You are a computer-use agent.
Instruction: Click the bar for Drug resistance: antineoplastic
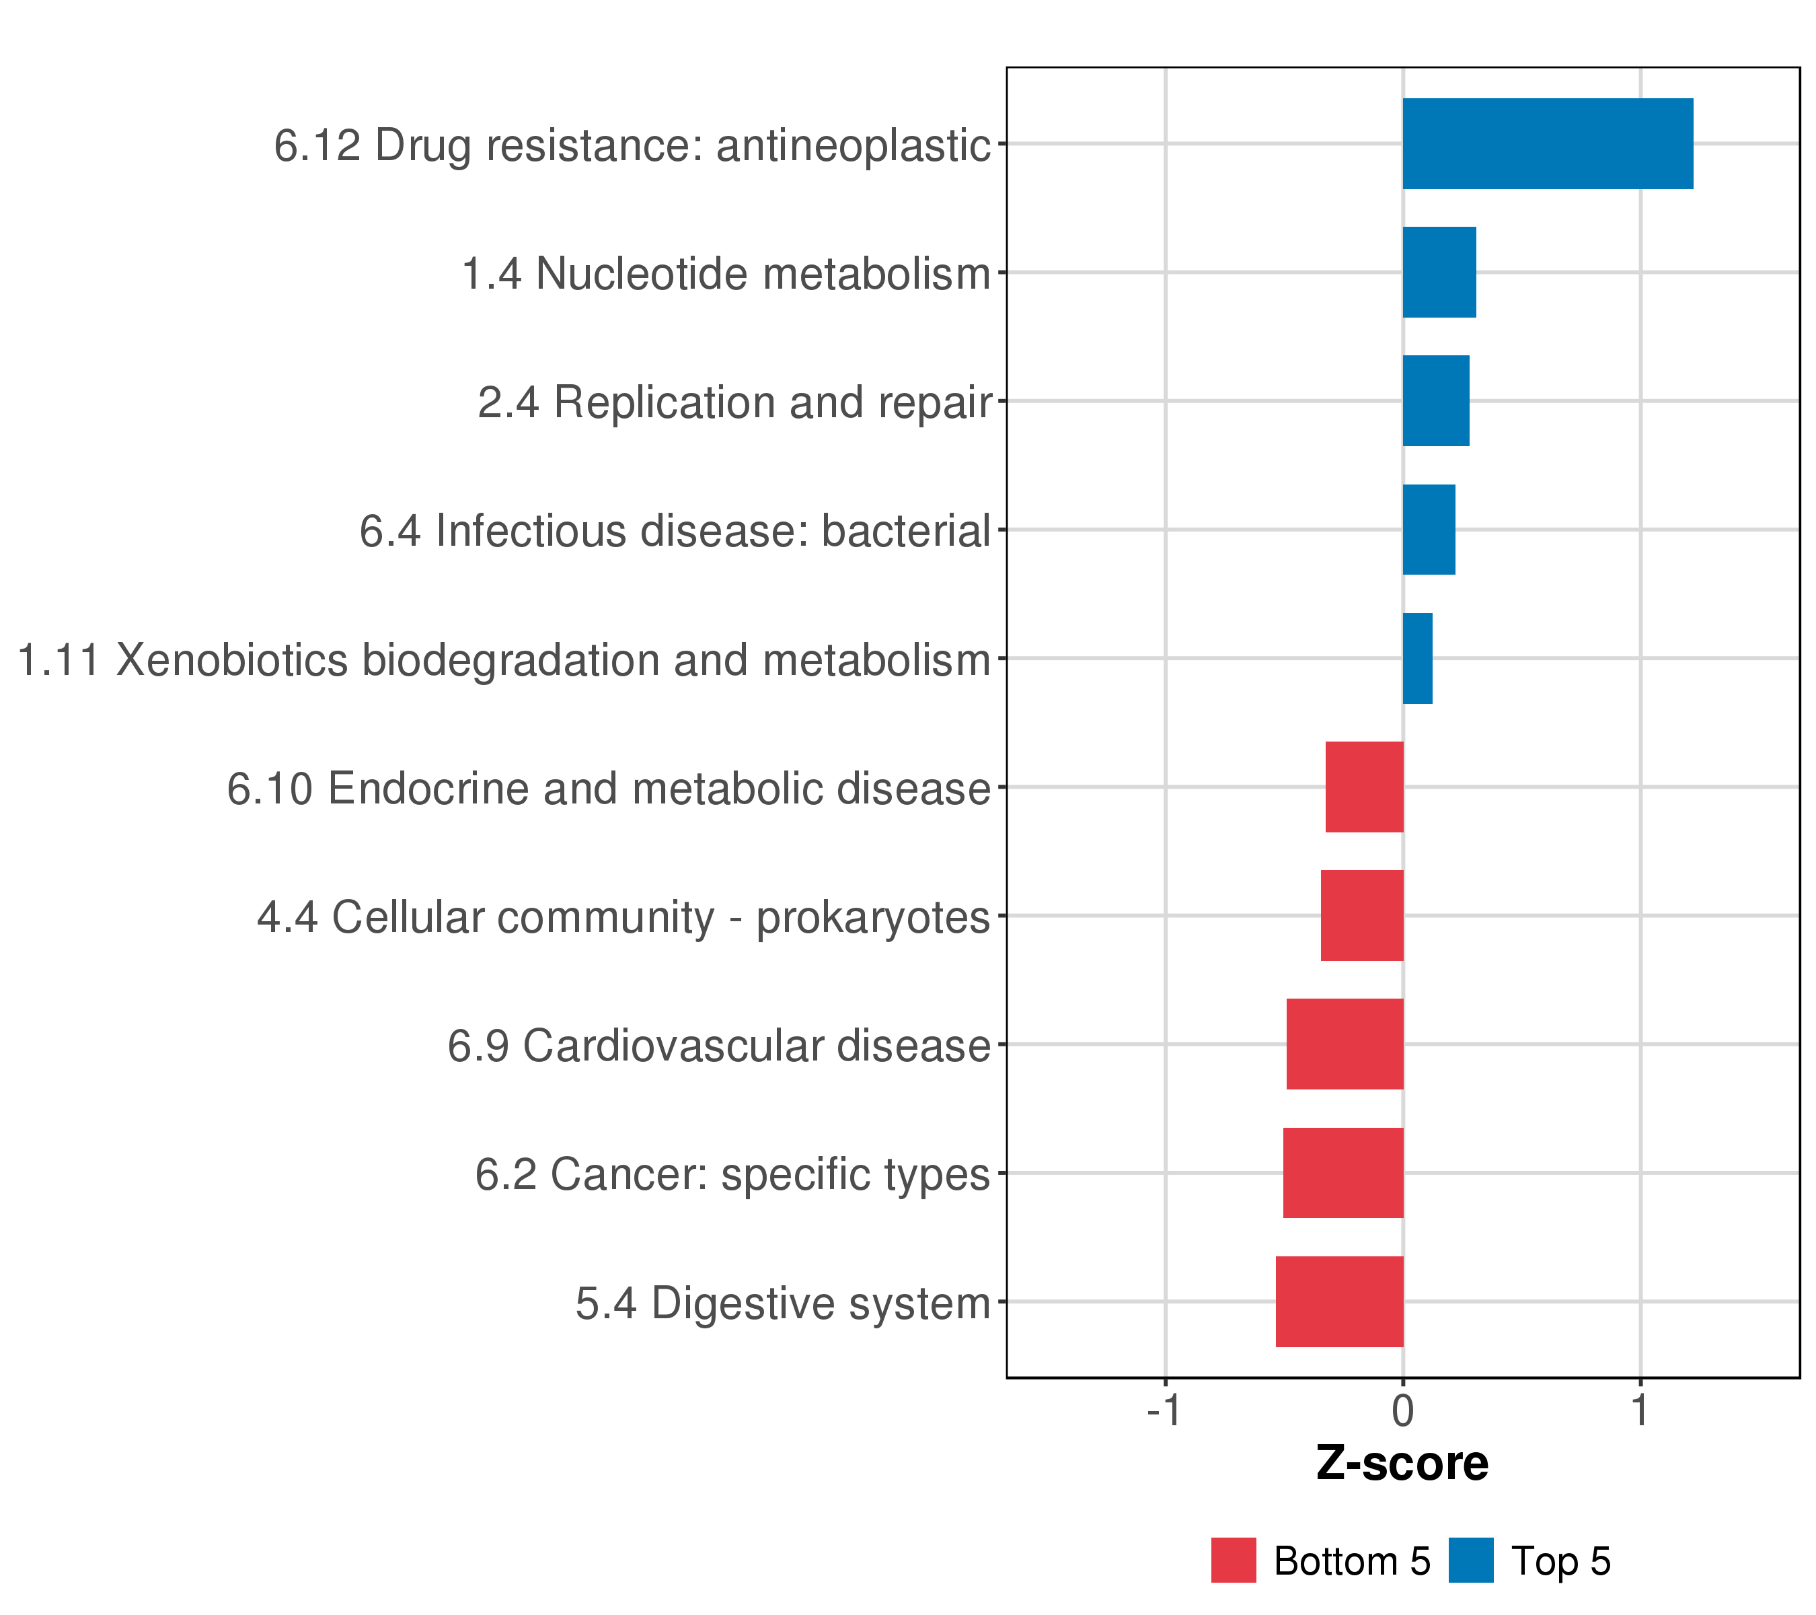[x=1547, y=144]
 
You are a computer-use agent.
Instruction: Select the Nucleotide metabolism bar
[x=1439, y=272]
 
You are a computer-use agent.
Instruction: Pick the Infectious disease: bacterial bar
[x=1428, y=530]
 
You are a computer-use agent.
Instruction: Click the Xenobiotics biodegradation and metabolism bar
[x=1417, y=659]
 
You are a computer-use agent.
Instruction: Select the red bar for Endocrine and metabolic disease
[x=1364, y=787]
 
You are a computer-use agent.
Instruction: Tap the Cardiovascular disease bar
[x=1345, y=1044]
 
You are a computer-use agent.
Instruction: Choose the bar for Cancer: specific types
[x=1342, y=1172]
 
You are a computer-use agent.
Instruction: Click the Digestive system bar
[x=1339, y=1301]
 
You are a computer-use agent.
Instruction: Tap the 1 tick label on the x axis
[x=1640, y=1410]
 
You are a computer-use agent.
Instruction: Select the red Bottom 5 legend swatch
[x=1233, y=1560]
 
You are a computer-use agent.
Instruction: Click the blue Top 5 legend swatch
[x=1470, y=1560]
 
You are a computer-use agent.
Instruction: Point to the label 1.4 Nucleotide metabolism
[x=725, y=274]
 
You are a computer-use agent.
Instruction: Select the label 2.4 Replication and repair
[x=734, y=402]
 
